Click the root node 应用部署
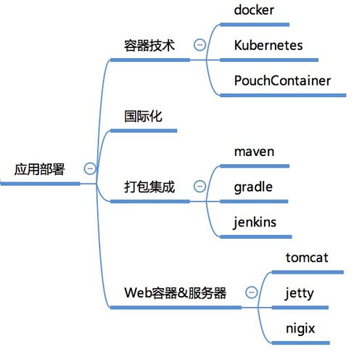[x=39, y=170]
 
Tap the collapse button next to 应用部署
[x=90, y=168]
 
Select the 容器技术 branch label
[x=149, y=45]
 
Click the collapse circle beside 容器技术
[x=199, y=44]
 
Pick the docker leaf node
[x=255, y=10]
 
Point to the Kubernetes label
[x=268, y=45]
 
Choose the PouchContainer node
[x=282, y=80]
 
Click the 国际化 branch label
[x=143, y=115]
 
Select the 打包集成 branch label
[x=149, y=187]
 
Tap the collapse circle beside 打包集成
[x=199, y=187]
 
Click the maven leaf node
[x=254, y=152]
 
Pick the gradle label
[x=253, y=187]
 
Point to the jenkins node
[x=255, y=221]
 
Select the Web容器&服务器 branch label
[x=176, y=292]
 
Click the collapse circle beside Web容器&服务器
[x=251, y=292]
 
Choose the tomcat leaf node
[x=307, y=258]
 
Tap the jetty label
[x=300, y=292]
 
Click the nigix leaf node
[x=300, y=328]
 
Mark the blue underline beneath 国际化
[x=143, y=131]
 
